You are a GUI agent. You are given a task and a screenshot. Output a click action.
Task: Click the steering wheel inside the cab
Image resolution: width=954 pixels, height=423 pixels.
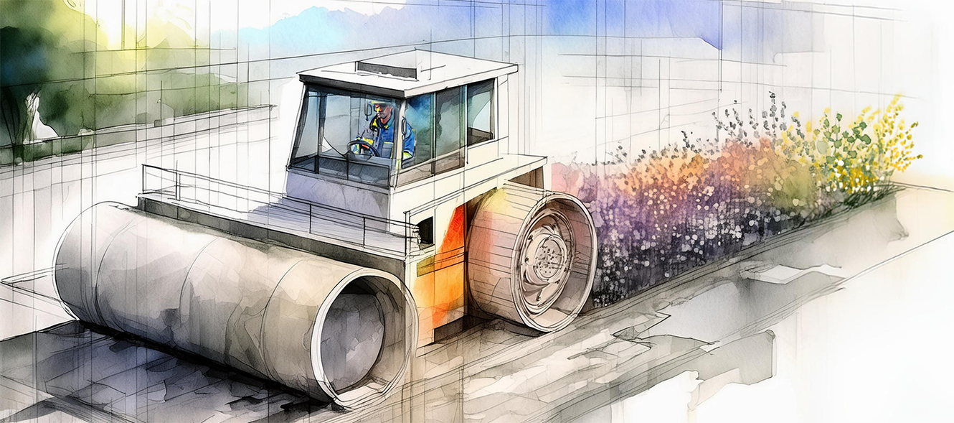coord(362,148)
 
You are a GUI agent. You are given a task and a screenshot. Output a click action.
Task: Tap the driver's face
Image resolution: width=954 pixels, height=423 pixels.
coord(382,112)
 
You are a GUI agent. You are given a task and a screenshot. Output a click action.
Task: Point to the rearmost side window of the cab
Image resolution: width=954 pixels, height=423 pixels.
coord(480,111)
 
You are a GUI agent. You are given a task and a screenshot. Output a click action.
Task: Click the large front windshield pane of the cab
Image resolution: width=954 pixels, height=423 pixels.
coord(330,129)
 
